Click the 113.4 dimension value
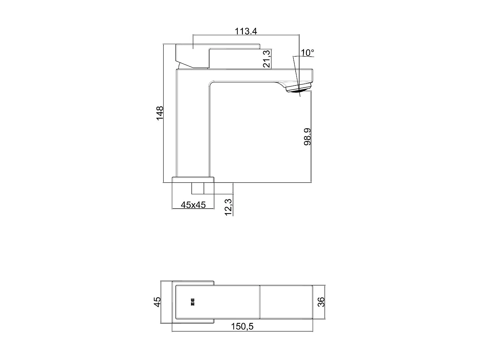pyautogui.click(x=246, y=31)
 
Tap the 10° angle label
pyautogui.click(x=308, y=52)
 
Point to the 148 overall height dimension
pyautogui.click(x=160, y=113)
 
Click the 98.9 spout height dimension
pyautogui.click(x=308, y=137)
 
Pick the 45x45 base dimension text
pyautogui.click(x=193, y=205)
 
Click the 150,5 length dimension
pyautogui.click(x=242, y=326)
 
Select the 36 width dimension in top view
pyautogui.click(x=321, y=302)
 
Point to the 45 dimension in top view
pyautogui.click(x=157, y=302)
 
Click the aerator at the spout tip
pyautogui.click(x=298, y=88)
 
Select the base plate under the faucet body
pyautogui.click(x=193, y=180)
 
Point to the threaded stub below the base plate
pyautogui.click(x=198, y=188)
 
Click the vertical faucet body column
pyautogui.click(x=193, y=128)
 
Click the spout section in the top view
pyautogui.click(x=286, y=302)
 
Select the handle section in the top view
pyautogui.click(x=218, y=302)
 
